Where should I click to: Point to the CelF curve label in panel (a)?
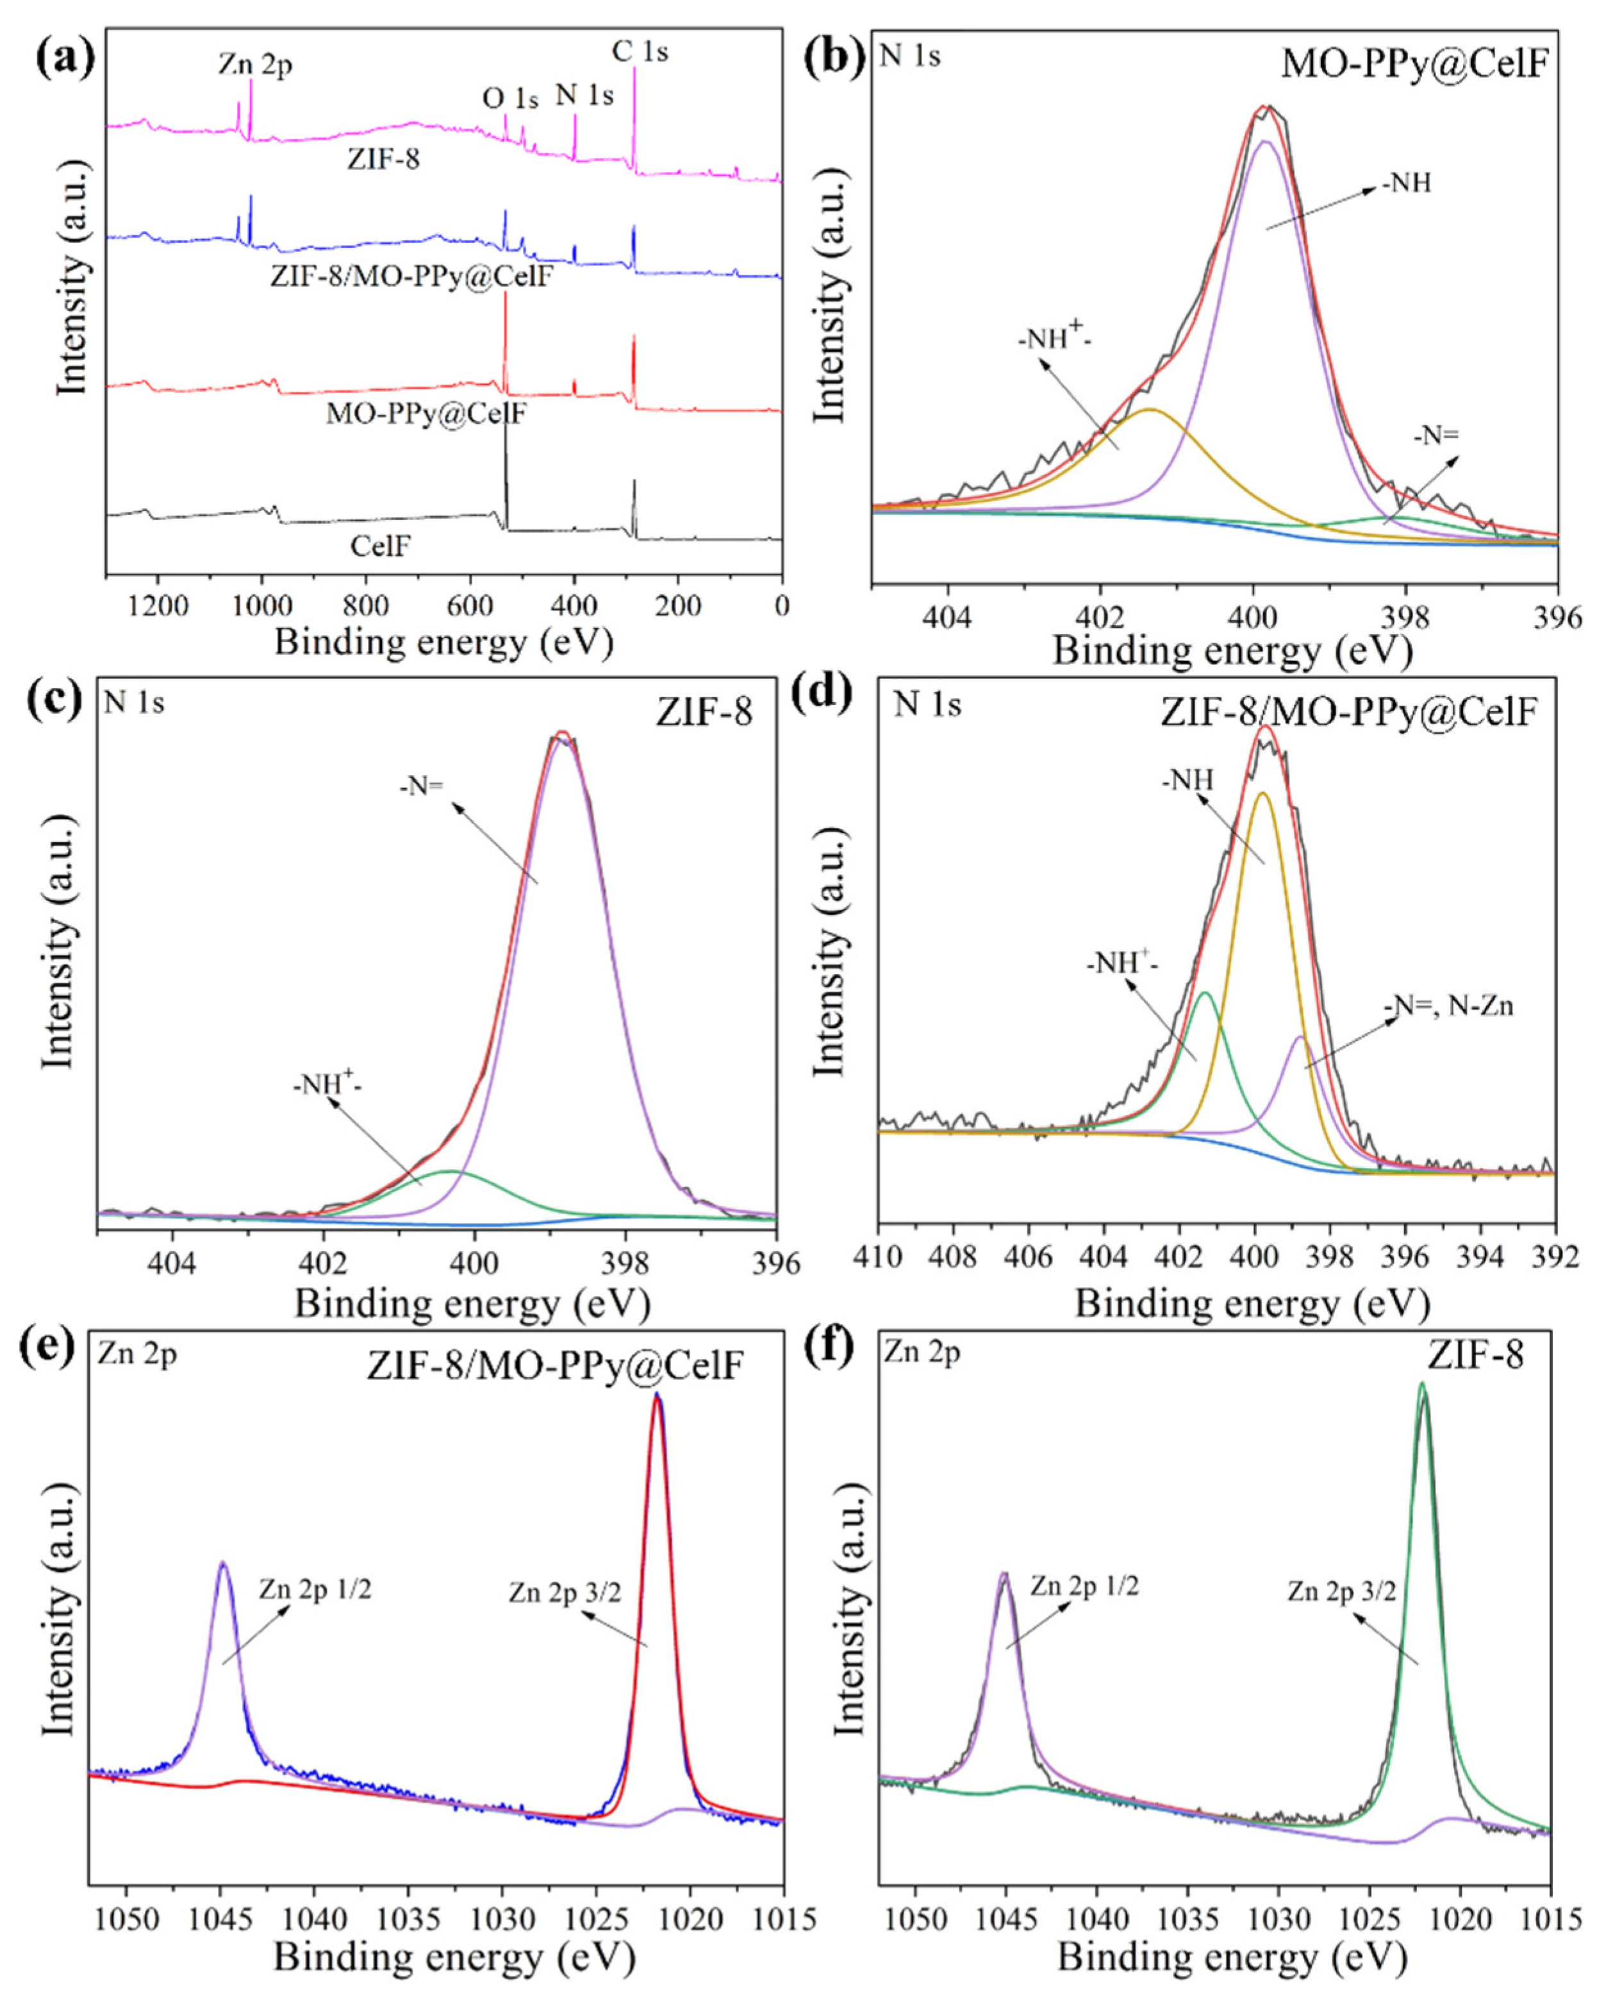click(380, 546)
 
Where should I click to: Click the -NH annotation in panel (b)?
click(1406, 183)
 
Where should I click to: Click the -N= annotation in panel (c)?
click(422, 786)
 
